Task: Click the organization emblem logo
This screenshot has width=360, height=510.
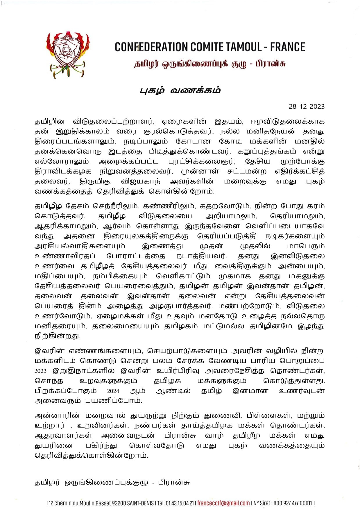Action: tap(68, 54)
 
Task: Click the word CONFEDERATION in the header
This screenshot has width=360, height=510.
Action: tap(151, 47)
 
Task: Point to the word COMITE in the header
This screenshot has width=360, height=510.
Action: tap(205, 47)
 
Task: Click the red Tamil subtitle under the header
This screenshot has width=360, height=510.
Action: tap(209, 64)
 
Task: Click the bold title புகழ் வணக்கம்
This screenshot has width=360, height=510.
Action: tap(180, 90)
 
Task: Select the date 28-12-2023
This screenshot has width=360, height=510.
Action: tap(307, 106)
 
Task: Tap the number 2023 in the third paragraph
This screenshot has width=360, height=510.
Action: tap(40, 371)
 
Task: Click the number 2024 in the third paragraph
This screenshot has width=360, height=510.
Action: tap(113, 391)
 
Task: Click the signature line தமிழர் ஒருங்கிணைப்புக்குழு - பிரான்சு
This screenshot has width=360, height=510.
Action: tap(112, 482)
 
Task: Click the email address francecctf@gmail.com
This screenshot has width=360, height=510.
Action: tap(223, 503)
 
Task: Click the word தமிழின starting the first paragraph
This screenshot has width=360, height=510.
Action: tap(50, 122)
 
